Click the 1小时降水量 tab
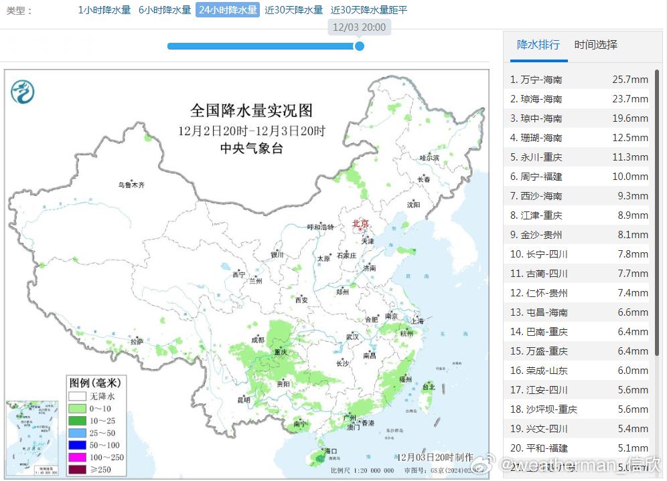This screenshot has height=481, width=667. click(104, 10)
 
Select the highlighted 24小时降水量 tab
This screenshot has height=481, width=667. click(228, 10)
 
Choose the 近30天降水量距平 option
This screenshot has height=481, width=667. click(369, 10)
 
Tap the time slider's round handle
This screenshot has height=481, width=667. click(360, 46)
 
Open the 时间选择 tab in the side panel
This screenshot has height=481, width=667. click(596, 45)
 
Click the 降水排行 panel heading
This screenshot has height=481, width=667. click(538, 45)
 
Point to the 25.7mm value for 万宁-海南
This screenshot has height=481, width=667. click(630, 80)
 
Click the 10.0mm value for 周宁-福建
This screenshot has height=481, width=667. click(630, 177)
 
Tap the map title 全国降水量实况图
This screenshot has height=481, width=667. click(251, 110)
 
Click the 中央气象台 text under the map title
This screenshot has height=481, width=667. click(251, 149)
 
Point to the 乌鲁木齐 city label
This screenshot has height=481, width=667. click(131, 185)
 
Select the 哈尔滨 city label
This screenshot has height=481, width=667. click(429, 158)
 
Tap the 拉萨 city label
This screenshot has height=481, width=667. click(137, 341)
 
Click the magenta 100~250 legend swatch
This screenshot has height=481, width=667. click(78, 457)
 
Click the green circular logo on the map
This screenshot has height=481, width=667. click(23, 91)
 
